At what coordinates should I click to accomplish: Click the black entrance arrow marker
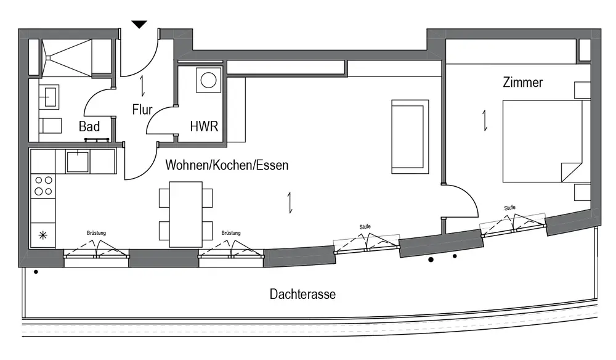[x=140, y=25]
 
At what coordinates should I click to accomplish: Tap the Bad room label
[x=90, y=127]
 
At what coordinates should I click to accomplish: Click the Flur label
[x=142, y=110]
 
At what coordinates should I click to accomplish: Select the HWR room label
[x=204, y=127]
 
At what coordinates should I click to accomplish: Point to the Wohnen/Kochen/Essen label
[x=226, y=165]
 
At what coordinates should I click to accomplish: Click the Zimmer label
[x=522, y=82]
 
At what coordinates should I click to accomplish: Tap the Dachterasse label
[x=302, y=294]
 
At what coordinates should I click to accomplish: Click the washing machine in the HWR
[x=208, y=81]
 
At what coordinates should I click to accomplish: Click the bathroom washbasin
[x=49, y=96]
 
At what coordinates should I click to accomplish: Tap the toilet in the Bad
[x=51, y=126]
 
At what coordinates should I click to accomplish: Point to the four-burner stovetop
[x=43, y=186]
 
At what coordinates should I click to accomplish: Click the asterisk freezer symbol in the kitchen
[x=43, y=235]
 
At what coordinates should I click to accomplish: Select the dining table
[x=186, y=214]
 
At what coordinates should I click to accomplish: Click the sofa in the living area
[x=410, y=135]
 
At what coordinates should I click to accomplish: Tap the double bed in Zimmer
[x=543, y=141]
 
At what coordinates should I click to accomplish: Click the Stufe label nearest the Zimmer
[x=509, y=208]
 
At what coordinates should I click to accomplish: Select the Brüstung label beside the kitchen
[x=96, y=233]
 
